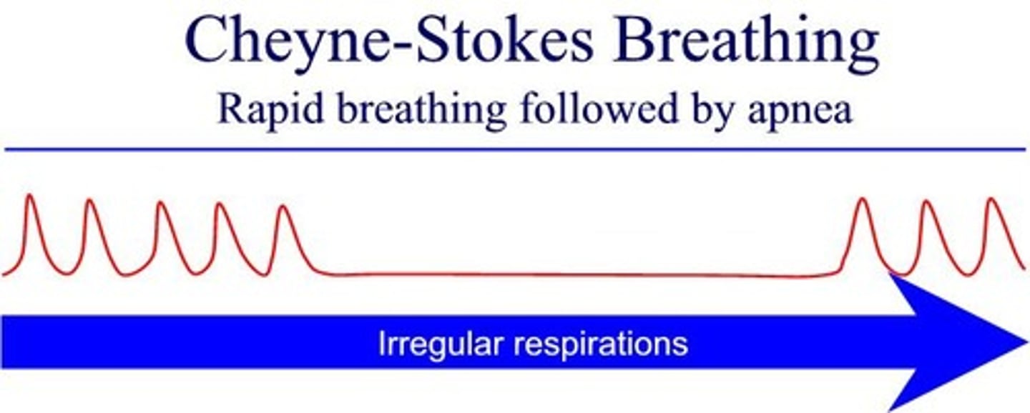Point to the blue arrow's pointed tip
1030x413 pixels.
[x=1024, y=342]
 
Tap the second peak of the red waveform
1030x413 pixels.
[x=89, y=201]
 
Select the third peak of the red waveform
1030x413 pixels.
[x=160, y=204]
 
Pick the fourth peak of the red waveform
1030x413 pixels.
[x=220, y=205]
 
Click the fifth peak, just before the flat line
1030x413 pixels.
[x=284, y=207]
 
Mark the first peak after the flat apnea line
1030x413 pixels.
[x=863, y=199]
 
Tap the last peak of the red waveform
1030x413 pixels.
[x=991, y=199]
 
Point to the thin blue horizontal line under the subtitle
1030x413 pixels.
[x=515, y=149]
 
